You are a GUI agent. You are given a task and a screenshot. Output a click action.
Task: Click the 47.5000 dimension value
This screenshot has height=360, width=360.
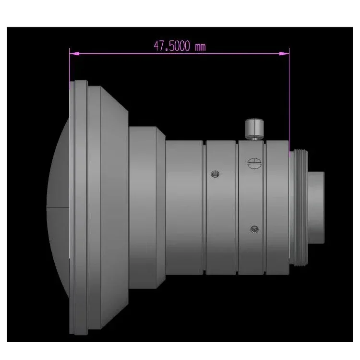pyautogui.click(x=172, y=46)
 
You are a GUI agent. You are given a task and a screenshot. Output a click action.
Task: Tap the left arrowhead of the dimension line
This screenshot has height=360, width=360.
pyautogui.click(x=72, y=53)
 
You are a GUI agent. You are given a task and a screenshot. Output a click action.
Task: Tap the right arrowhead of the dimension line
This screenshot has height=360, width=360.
pyautogui.click(x=286, y=53)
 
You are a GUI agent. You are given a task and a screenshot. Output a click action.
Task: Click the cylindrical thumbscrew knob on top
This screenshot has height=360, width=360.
pyautogui.click(x=254, y=129)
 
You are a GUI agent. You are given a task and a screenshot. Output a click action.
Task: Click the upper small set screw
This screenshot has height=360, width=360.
pyautogui.click(x=215, y=173)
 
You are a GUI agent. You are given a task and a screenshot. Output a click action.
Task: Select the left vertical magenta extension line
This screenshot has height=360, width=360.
pyautogui.click(x=70, y=67)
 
